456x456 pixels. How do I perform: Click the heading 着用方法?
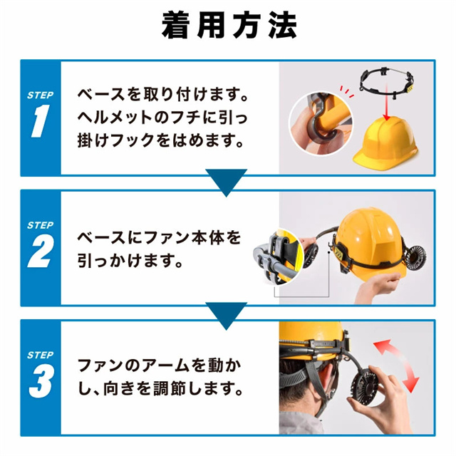pos(229,26)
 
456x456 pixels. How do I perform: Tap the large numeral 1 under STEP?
pos(41,121)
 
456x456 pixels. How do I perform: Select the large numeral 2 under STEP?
pos(41,252)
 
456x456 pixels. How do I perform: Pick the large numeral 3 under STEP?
pos(41,381)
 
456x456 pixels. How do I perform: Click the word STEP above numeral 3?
pos(41,355)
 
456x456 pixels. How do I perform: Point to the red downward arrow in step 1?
pos(386,103)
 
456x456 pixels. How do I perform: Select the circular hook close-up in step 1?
pos(321,123)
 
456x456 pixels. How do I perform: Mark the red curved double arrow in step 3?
pos(396,366)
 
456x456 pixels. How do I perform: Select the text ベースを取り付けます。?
pos(163,94)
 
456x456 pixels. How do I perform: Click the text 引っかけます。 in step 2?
pos(130,260)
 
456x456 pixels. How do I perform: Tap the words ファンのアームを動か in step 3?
pos(160,366)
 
